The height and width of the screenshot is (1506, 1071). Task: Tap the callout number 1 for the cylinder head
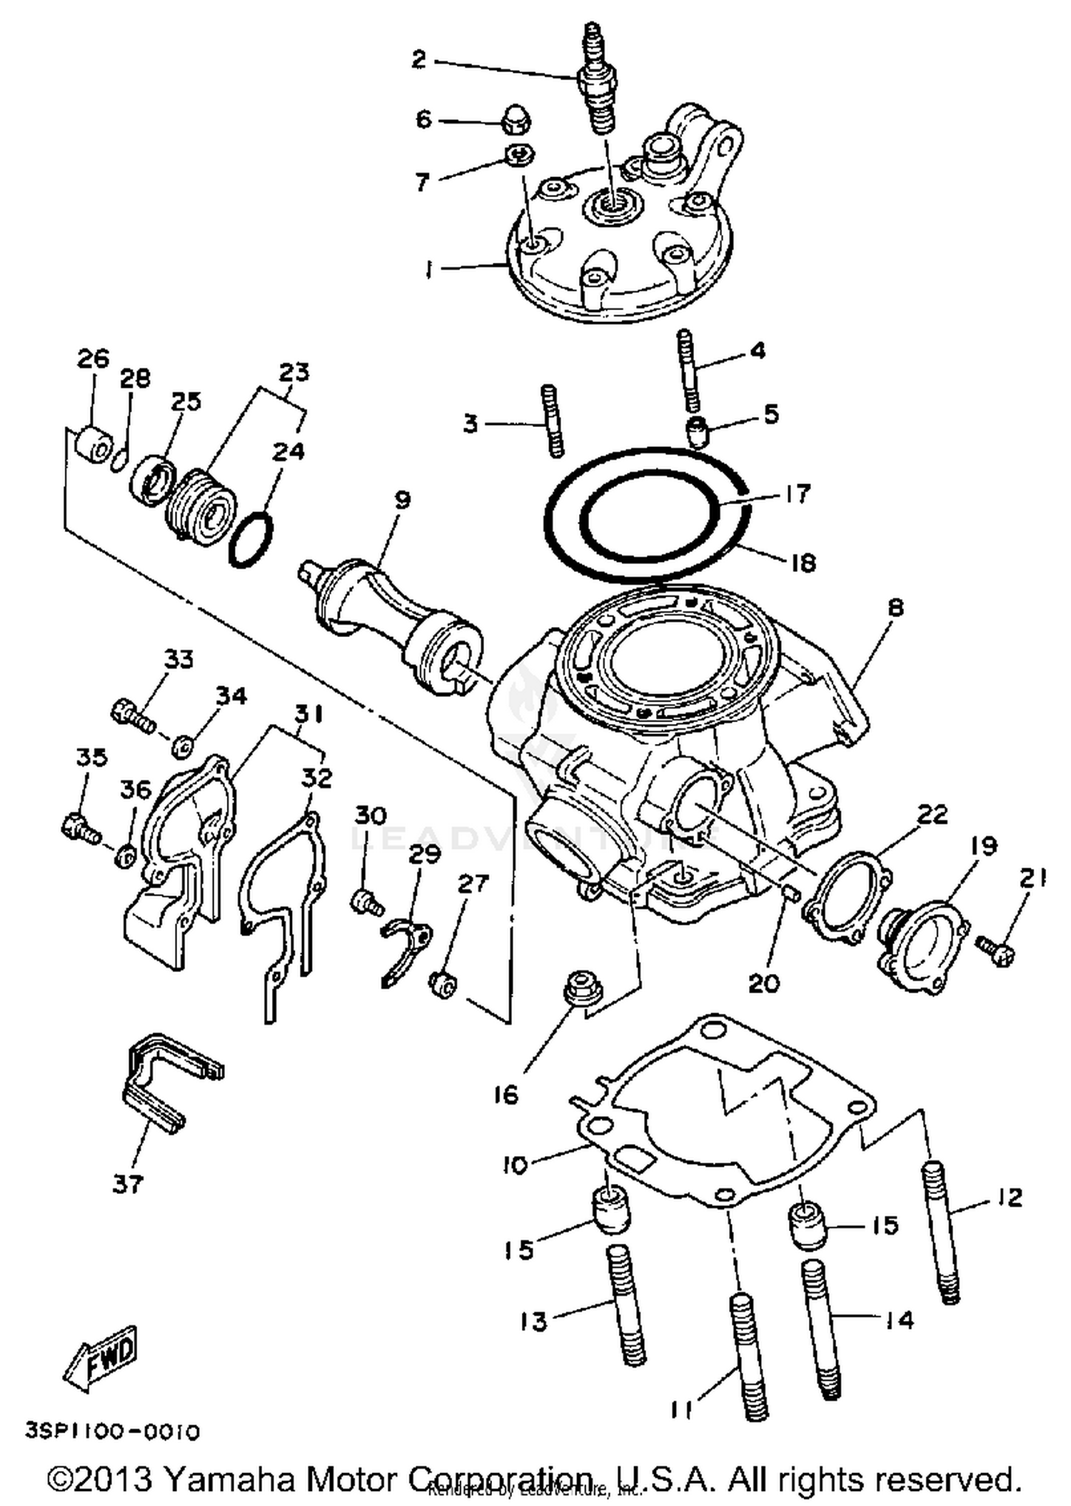click(428, 270)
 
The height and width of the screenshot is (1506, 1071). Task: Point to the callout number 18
click(804, 563)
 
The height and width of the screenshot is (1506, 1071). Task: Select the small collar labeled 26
click(93, 447)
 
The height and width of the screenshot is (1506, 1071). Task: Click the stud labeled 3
click(553, 421)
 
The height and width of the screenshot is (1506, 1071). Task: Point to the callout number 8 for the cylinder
click(894, 608)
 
